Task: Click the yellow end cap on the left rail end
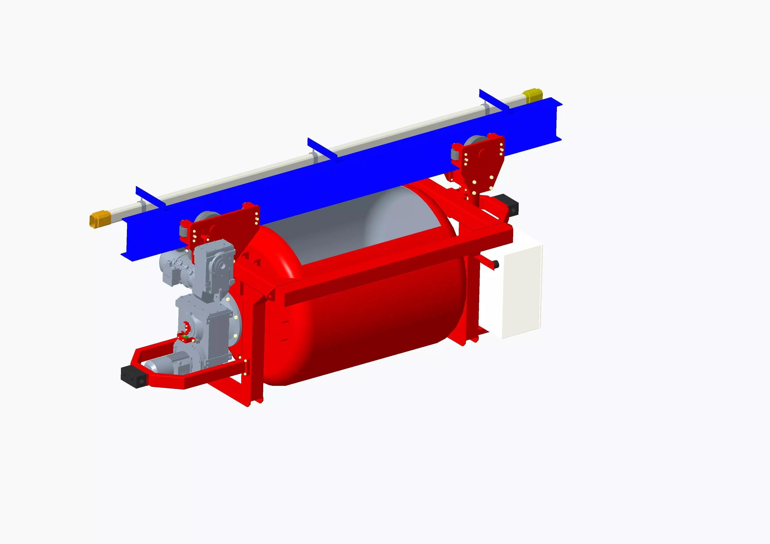click(97, 220)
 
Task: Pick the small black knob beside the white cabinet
click(496, 265)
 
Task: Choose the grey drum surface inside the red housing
click(352, 228)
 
